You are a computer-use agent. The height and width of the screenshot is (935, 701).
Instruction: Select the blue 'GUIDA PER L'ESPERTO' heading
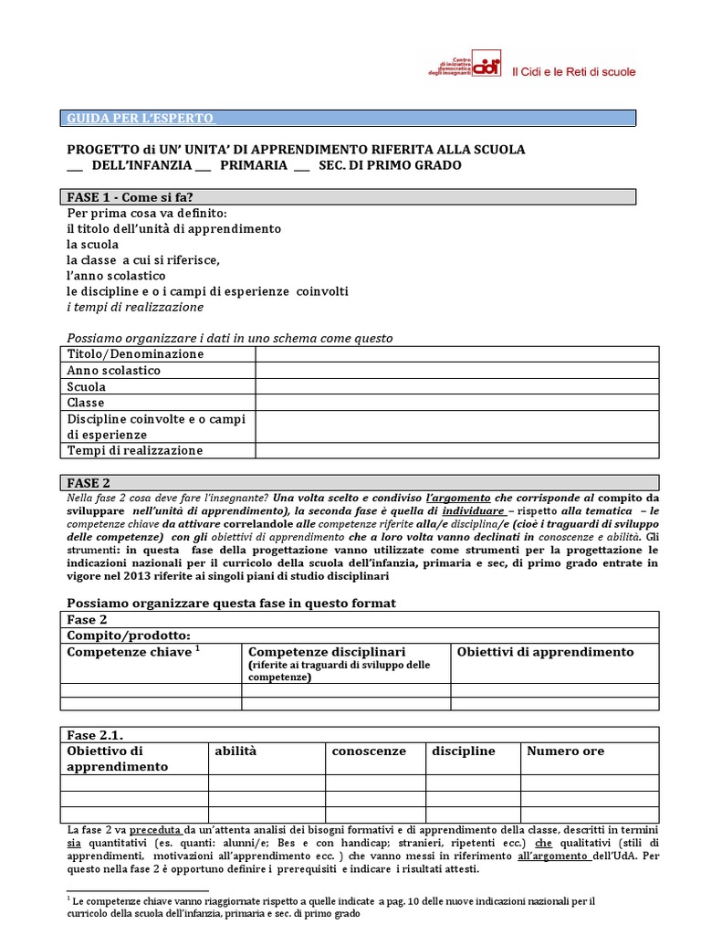point(141,119)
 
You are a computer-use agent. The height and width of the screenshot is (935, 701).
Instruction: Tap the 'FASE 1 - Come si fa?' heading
point(131,196)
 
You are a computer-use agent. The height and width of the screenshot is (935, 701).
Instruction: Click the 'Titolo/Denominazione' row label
point(136,354)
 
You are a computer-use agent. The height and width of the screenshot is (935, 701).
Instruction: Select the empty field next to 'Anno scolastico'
point(455,371)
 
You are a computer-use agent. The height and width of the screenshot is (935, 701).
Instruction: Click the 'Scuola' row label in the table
point(87,386)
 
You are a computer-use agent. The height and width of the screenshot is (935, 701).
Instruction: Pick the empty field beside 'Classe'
point(455,403)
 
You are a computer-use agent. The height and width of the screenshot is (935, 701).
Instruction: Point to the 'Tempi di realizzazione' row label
point(135,450)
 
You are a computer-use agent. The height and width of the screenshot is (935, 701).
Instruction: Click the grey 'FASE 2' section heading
point(89,482)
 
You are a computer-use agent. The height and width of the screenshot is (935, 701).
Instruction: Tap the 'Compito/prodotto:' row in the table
point(129,635)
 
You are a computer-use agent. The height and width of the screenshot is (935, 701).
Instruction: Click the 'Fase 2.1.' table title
point(96,734)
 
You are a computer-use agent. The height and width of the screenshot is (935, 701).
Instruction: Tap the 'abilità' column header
point(236,751)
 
